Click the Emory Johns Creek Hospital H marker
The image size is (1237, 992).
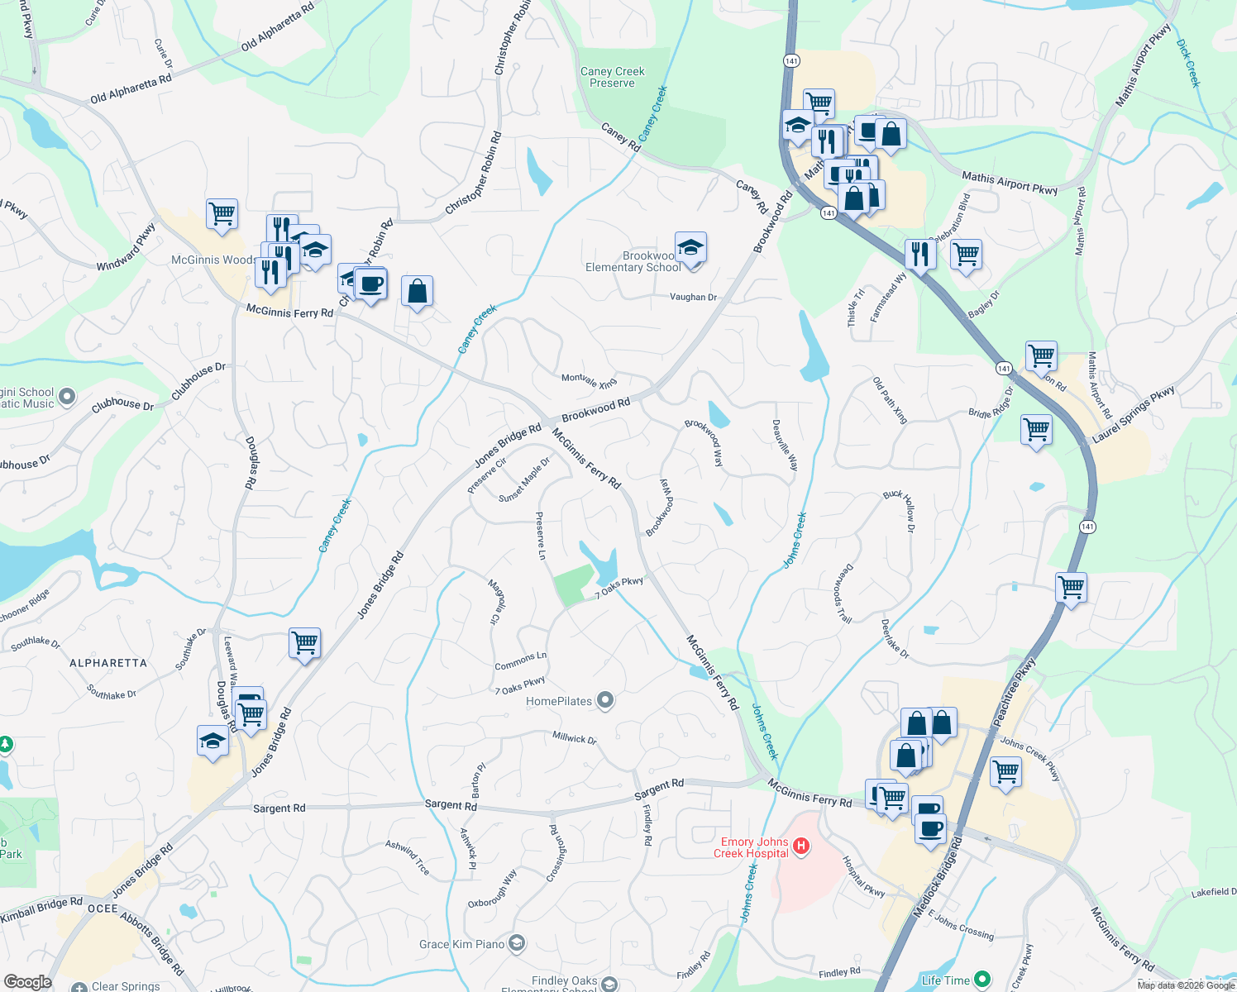(x=800, y=846)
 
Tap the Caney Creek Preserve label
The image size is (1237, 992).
(x=612, y=78)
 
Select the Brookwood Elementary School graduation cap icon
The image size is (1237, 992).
(x=690, y=247)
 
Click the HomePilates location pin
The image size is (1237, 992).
(x=605, y=701)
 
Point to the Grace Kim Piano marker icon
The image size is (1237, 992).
(x=517, y=943)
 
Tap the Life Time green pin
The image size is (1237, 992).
(x=982, y=980)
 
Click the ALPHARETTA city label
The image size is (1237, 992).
(x=108, y=663)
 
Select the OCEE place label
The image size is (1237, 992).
(x=103, y=908)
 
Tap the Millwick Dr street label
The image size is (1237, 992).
(x=574, y=737)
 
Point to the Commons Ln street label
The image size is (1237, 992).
(x=520, y=661)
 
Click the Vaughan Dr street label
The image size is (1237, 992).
(x=693, y=297)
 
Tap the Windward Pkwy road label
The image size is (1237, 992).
(x=126, y=246)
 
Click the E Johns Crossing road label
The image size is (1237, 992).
(x=961, y=925)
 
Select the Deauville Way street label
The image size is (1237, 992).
(x=785, y=445)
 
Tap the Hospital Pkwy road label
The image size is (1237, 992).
(x=863, y=876)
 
